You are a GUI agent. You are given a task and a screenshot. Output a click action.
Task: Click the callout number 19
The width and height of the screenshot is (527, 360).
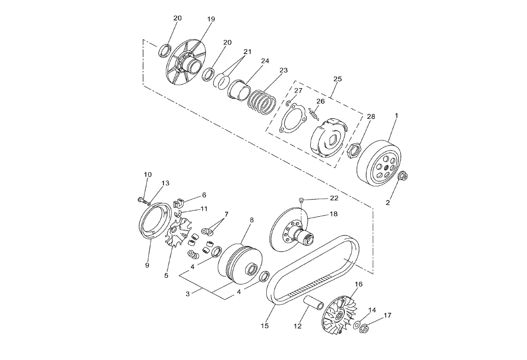click(211, 19)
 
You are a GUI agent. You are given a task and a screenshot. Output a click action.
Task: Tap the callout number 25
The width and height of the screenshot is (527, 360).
click(338, 79)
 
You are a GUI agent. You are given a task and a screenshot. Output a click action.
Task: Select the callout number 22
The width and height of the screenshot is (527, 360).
click(334, 198)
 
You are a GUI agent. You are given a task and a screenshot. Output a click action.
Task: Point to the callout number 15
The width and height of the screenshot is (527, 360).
click(265, 325)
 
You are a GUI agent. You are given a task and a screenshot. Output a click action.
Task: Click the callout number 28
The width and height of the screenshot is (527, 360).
click(371, 116)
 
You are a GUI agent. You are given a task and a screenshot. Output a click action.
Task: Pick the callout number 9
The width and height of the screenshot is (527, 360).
click(147, 265)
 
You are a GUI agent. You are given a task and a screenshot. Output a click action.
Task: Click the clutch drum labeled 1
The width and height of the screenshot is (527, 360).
click(379, 163)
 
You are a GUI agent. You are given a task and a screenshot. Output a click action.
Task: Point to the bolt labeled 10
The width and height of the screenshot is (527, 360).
click(143, 201)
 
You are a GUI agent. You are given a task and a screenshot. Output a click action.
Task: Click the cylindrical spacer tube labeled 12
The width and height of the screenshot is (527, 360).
click(314, 302)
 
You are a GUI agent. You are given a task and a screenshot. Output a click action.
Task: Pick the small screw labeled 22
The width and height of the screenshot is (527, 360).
click(302, 201)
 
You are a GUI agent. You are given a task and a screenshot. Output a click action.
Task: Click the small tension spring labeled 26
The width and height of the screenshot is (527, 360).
click(313, 114)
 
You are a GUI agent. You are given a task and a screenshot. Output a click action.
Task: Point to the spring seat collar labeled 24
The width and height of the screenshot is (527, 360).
click(239, 89)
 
